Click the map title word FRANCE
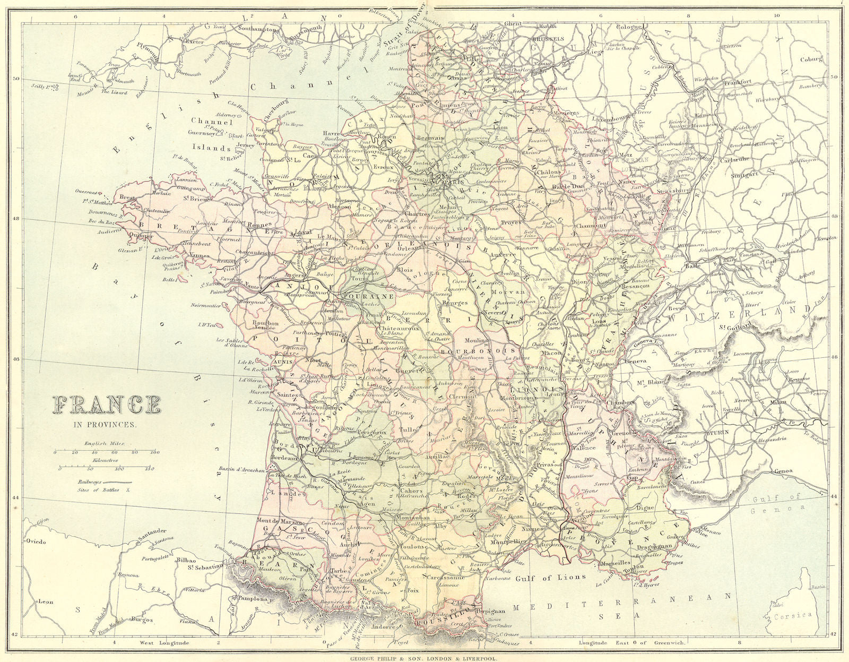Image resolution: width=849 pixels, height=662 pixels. tap(106, 405)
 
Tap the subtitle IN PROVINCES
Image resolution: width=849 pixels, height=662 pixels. tap(106, 425)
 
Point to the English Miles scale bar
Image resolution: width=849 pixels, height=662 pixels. tap(106, 452)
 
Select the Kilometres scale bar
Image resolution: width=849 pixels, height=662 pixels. tap(106, 469)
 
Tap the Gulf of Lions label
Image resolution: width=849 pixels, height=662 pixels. tap(551, 577)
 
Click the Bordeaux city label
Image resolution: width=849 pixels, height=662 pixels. tap(284, 458)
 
